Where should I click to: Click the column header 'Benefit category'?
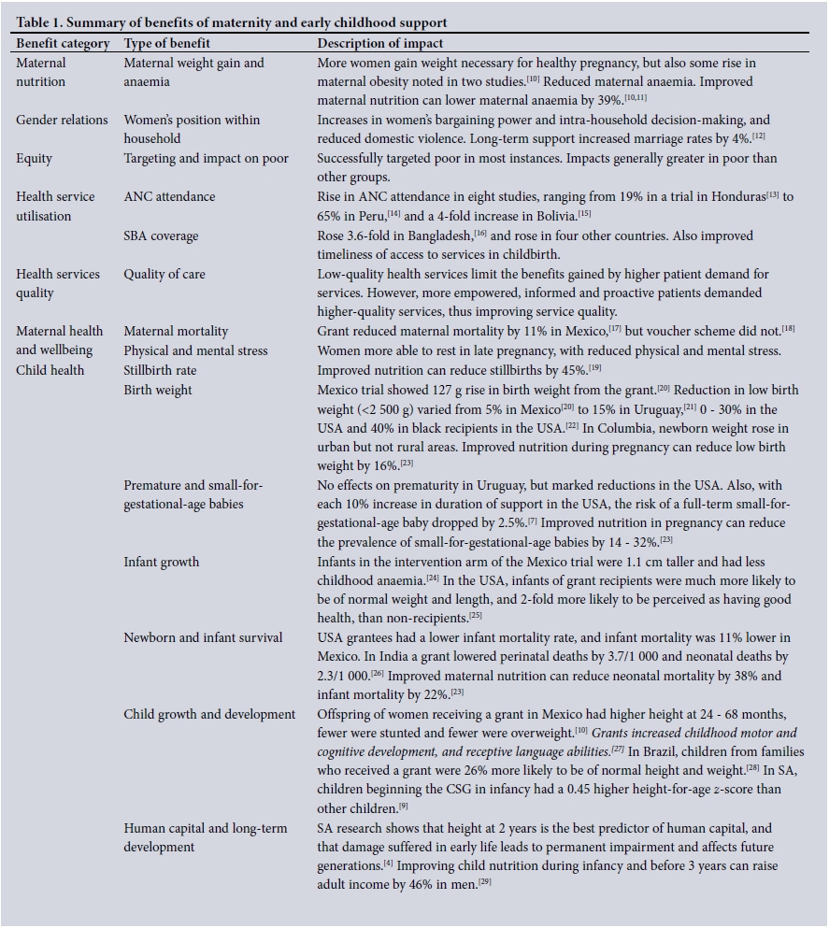[x=63, y=44]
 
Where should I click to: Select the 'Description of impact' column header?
[x=380, y=44]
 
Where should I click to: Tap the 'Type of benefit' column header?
[x=167, y=44]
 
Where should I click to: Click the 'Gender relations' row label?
[x=60, y=121]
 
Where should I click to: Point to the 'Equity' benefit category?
[x=35, y=159]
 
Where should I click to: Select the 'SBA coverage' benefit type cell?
[x=161, y=236]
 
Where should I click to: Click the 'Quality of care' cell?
[x=164, y=275]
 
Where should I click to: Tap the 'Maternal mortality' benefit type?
[x=176, y=332]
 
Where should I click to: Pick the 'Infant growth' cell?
[x=162, y=563]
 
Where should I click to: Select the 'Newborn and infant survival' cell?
[x=203, y=638]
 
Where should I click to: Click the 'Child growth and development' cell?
[x=209, y=715]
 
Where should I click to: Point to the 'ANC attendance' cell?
[x=169, y=197]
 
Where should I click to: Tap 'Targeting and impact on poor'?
[x=206, y=159]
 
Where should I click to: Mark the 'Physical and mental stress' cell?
[x=195, y=351]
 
